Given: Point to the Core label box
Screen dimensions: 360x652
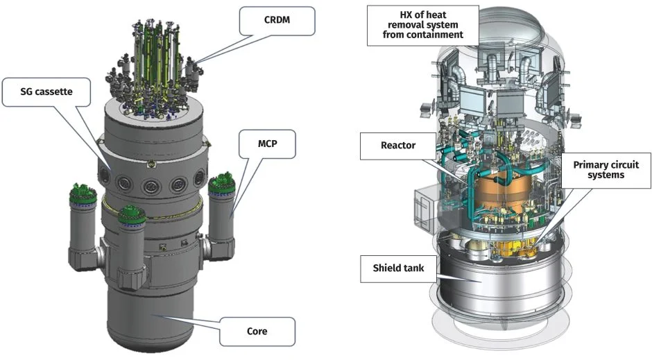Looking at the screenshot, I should pyautogui.click(x=257, y=331).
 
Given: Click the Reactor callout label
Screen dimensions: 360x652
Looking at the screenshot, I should pyautogui.click(x=397, y=146).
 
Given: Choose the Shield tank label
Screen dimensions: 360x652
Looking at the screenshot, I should pyautogui.click(x=395, y=268).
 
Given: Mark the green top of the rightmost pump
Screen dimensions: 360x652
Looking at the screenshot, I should pyautogui.click(x=223, y=185).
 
